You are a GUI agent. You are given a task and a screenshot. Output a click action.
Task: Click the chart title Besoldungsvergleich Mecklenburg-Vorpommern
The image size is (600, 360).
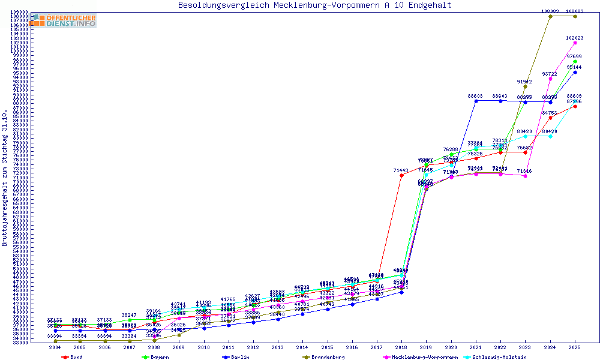coord(314,5)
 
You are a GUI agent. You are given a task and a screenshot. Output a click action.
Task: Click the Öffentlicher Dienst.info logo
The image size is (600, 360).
coord(62,20)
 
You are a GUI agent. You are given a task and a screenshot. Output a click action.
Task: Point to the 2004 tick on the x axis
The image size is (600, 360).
coord(55,347)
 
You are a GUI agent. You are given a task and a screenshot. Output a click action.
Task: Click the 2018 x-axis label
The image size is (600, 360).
coord(401,347)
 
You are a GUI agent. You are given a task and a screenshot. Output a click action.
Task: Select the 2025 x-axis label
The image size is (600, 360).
coord(575,347)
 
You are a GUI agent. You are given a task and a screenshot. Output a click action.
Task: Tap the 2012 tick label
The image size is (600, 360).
coord(253,347)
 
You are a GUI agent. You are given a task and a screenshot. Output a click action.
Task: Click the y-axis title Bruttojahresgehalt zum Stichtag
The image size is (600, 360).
coord(5,178)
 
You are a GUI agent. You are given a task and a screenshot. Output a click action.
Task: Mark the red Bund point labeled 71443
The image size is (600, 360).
coord(401,175)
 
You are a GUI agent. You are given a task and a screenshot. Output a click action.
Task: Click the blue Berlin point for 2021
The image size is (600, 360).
coord(476,101)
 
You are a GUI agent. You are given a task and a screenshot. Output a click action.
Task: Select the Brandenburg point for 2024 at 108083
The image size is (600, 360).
coord(550,16)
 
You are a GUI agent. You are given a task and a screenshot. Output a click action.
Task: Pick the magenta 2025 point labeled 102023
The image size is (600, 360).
coord(575,43)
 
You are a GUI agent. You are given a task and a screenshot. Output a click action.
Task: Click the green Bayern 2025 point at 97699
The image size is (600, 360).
coord(575,61)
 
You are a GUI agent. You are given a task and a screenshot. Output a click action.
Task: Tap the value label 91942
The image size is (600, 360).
coord(525,82)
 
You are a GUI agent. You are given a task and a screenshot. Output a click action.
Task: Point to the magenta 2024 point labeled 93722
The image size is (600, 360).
coord(550,79)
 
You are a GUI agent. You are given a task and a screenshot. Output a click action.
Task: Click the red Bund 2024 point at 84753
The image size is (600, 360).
coord(550,118)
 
